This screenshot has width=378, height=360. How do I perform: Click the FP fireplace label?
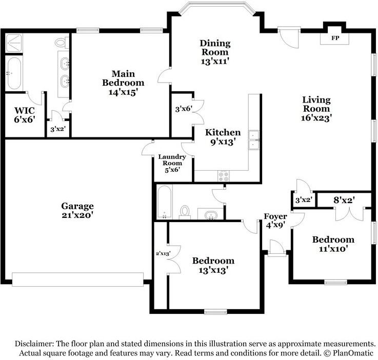point(335,38)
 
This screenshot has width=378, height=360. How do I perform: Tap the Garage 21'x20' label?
point(77,210)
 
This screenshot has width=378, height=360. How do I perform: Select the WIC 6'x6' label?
point(25,115)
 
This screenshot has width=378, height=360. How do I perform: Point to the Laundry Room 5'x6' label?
point(172,163)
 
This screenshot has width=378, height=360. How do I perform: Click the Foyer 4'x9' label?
point(275,221)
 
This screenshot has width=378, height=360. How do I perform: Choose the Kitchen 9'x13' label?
point(223,137)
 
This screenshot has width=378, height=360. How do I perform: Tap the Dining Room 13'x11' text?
point(215,52)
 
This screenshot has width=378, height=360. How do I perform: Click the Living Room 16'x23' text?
point(316,109)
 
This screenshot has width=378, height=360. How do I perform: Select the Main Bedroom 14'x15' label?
point(123,83)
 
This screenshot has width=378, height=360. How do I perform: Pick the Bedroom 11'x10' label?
point(333,244)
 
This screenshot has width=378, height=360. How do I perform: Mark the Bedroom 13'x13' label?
point(213,265)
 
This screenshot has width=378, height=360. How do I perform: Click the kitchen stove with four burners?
point(224,176)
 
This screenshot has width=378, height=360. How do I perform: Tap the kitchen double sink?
point(253,140)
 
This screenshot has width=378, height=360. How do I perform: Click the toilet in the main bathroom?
point(61,43)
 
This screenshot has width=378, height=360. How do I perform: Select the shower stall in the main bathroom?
point(14,43)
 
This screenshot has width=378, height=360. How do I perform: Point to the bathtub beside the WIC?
point(14,72)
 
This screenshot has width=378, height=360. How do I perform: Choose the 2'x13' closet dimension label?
point(163,253)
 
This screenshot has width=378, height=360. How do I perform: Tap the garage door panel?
point(77,279)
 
